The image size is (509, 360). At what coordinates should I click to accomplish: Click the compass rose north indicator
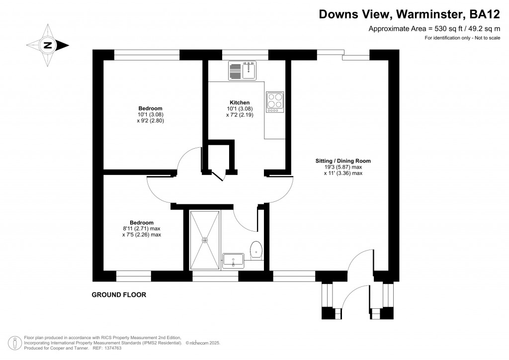point(48,45)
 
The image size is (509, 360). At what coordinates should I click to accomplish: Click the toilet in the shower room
point(256,250)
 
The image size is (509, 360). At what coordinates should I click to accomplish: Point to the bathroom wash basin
point(233,260)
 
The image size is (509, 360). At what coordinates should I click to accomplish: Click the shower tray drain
point(204,240)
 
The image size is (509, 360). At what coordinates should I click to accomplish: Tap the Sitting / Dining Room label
point(343,161)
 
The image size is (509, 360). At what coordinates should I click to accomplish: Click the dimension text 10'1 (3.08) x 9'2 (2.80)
point(150,117)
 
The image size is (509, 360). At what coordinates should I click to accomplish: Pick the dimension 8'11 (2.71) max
point(142,229)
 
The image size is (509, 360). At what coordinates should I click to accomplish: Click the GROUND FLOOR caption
point(119,295)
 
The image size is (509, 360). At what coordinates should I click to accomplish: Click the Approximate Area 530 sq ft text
point(433,29)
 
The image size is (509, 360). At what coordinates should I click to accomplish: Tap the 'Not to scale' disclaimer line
point(462,38)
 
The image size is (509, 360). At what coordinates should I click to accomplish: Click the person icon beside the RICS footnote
point(15,343)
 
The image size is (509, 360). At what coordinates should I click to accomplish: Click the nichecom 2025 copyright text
point(203,343)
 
